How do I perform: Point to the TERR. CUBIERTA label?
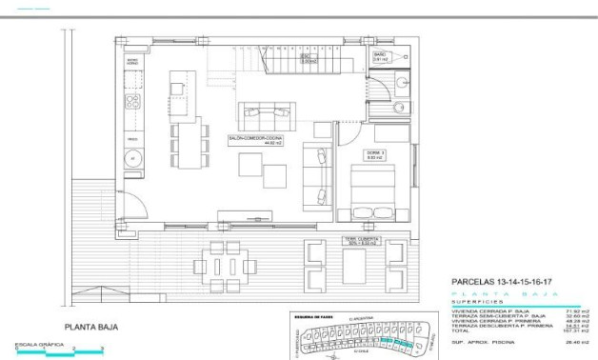click(361, 241)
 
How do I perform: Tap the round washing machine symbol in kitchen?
click(133, 158)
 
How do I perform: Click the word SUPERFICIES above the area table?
click(476, 302)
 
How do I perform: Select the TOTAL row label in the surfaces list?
click(462, 330)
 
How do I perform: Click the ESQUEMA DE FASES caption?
click(313, 314)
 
